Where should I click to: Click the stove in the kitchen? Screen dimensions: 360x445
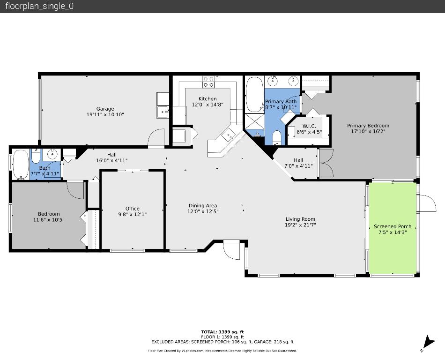click(x=208, y=82)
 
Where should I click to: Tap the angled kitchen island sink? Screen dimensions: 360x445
click(x=229, y=136)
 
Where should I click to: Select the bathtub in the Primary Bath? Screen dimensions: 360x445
click(x=255, y=94)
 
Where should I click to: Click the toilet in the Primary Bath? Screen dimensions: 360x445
click(x=276, y=138)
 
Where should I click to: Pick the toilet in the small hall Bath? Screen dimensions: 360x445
click(x=36, y=156)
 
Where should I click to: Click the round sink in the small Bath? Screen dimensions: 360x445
click(x=53, y=154)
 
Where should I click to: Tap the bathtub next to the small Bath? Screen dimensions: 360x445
click(x=20, y=164)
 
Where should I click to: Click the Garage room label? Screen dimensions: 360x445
click(x=105, y=109)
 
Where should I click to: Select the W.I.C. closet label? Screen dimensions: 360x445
click(x=309, y=126)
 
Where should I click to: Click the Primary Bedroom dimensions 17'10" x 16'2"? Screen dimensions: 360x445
click(x=368, y=132)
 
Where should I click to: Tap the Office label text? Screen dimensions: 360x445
click(x=133, y=209)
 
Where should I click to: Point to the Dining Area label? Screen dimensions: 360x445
click(x=203, y=205)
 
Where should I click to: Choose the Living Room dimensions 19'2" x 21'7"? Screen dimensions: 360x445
click(x=300, y=225)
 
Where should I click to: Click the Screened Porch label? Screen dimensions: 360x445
click(x=393, y=226)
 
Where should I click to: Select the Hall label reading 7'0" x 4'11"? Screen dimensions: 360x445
click(x=298, y=166)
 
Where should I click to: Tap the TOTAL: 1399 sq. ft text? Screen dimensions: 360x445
click(x=222, y=332)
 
